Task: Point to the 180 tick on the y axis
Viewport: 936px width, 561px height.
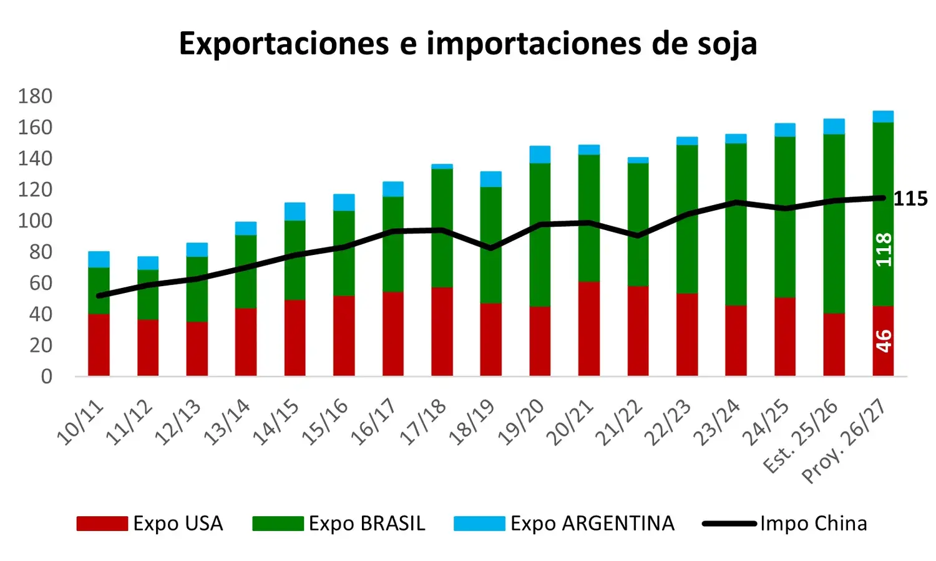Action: pos(35,97)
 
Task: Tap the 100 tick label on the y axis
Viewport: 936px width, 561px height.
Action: pos(35,221)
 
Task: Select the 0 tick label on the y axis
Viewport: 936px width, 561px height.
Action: pos(47,377)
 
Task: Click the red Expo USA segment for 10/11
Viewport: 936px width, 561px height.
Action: pos(99,345)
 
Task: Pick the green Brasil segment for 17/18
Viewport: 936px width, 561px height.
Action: pos(442,228)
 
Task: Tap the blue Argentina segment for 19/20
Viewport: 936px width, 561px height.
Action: pos(540,155)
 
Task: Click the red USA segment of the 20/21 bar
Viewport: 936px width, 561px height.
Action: pos(589,329)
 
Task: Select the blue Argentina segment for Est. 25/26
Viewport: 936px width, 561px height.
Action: pos(834,127)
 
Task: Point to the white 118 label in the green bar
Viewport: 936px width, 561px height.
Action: pos(884,250)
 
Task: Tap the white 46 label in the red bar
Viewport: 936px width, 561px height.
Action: pos(884,341)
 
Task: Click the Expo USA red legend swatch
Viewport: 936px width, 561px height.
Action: pos(102,524)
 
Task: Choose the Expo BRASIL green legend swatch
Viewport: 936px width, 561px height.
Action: pos(278,524)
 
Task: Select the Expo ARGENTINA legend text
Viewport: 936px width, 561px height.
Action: pos(593,524)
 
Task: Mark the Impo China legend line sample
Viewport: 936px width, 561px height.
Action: pos(729,524)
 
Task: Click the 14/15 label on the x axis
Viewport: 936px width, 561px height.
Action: pos(276,423)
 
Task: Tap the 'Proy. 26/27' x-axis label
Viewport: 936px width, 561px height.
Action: pos(844,441)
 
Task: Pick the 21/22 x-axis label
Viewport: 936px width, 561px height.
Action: pos(619,423)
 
